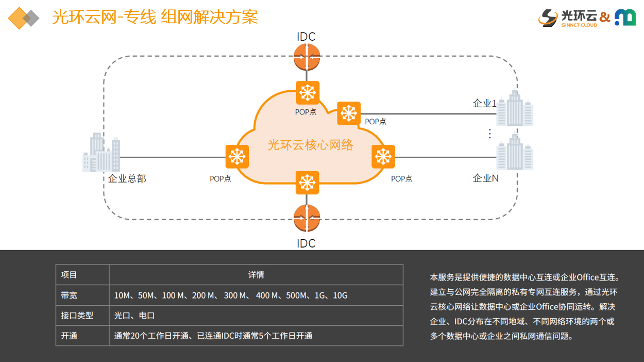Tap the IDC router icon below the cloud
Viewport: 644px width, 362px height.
coord(307,218)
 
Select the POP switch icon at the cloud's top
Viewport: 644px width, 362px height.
coord(308,93)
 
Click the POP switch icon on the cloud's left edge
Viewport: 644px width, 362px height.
coord(237,157)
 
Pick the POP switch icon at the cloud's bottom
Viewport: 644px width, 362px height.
coord(307,183)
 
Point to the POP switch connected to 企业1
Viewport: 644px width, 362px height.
coord(349,113)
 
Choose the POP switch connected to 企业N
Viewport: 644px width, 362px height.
coord(383,157)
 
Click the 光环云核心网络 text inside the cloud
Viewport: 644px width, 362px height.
coord(310,145)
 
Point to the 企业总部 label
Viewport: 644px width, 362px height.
coord(127,179)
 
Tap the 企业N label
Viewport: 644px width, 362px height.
coord(486,178)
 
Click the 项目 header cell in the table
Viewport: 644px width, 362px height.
coord(69,275)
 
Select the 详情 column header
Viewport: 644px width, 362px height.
coord(256,275)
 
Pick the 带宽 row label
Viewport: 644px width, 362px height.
coord(69,295)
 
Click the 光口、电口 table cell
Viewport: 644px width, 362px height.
coord(134,316)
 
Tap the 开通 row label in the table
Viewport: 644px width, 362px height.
coord(69,336)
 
